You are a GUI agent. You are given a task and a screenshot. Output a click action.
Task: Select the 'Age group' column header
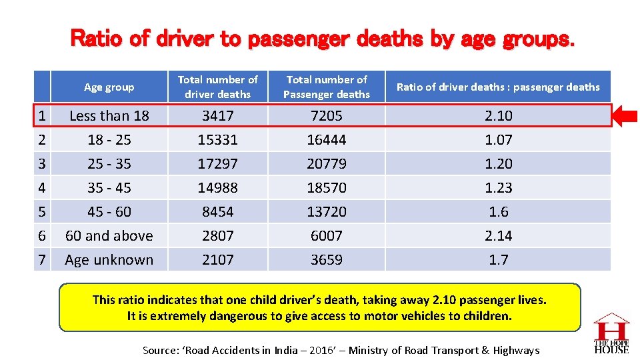pyautogui.click(x=109, y=87)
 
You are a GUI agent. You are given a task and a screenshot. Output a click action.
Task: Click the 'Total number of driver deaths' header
pyautogui.click(x=217, y=87)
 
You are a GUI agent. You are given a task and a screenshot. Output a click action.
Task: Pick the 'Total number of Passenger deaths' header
pyautogui.click(x=326, y=87)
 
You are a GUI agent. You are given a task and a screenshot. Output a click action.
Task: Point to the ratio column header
pyautogui.click(x=498, y=87)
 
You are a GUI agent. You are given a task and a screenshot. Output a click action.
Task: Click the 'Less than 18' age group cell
pyautogui.click(x=109, y=115)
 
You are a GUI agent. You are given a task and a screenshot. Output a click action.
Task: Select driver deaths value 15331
pyautogui.click(x=217, y=139)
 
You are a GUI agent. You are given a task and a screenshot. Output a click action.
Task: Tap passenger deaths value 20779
pyautogui.click(x=326, y=163)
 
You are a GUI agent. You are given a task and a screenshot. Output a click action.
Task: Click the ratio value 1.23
pyautogui.click(x=498, y=187)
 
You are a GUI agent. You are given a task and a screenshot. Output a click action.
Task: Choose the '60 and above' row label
pyautogui.click(x=109, y=235)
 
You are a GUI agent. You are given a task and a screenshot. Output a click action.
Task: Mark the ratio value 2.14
pyautogui.click(x=498, y=235)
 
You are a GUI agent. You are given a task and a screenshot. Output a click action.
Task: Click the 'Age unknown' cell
pyautogui.click(x=109, y=259)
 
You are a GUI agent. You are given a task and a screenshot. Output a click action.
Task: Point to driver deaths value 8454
pyautogui.click(x=217, y=211)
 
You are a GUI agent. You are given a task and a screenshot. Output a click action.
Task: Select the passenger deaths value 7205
pyautogui.click(x=326, y=115)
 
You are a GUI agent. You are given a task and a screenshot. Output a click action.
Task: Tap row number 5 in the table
pyautogui.click(x=42, y=211)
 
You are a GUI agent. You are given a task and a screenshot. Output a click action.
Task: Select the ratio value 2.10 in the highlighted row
pyautogui.click(x=498, y=115)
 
